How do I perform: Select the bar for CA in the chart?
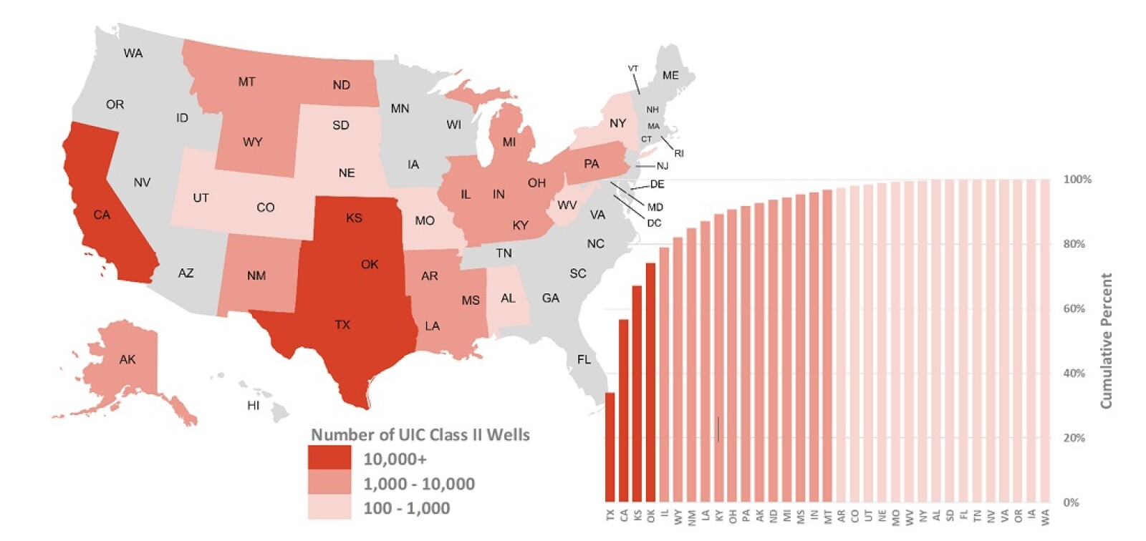(624, 410)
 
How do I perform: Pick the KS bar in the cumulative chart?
(637, 394)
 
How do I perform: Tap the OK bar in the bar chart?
(651, 382)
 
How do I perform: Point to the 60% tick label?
(1074, 308)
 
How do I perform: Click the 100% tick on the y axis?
(1077, 179)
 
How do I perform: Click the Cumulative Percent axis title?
(1107, 341)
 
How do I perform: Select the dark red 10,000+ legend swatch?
(329, 458)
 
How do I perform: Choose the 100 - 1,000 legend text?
(406, 508)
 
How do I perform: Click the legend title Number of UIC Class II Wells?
(420, 434)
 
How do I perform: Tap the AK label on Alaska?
(127, 359)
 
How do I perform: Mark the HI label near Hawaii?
(254, 405)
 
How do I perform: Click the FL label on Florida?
(584, 359)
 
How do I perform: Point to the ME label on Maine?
(670, 75)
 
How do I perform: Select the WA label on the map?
(133, 53)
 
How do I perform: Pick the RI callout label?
(679, 153)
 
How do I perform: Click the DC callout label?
(654, 223)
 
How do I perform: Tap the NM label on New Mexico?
(256, 276)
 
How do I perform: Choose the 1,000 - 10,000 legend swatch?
(329, 483)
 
